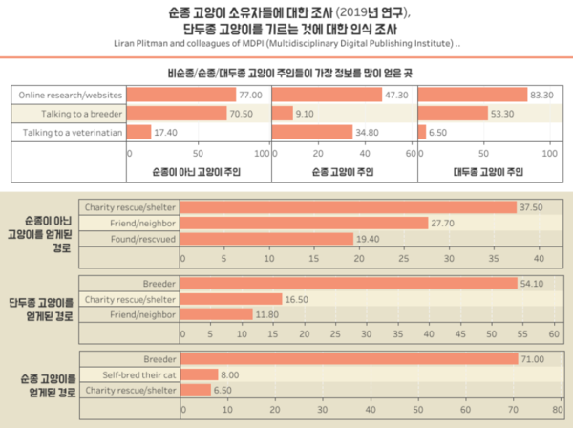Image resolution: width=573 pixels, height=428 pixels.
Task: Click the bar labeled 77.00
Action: [181, 96]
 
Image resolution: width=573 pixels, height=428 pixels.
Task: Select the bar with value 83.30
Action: [474, 96]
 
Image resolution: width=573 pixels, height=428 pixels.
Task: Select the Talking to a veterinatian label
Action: [69, 131]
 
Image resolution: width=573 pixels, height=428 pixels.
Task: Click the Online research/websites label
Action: [70, 96]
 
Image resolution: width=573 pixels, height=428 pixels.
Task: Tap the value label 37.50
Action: [531, 207]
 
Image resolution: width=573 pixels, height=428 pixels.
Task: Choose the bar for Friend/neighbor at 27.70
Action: [305, 223]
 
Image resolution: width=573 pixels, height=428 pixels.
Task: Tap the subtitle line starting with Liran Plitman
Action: [286, 44]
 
